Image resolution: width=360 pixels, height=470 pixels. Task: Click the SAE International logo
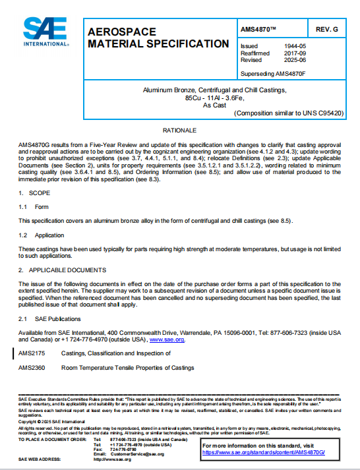[44, 31]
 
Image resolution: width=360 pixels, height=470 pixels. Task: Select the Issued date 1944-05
[285, 46]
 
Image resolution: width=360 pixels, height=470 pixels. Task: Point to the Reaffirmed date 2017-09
[285, 53]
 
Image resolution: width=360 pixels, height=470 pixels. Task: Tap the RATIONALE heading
[179, 131]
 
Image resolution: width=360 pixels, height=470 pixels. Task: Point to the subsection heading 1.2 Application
[40, 235]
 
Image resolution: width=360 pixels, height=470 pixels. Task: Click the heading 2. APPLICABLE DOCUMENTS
[63, 270]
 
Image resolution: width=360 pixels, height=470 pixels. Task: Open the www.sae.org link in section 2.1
[166, 339]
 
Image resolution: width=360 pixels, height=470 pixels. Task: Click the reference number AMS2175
[32, 354]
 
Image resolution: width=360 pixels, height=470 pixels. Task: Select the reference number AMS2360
[32, 368]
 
